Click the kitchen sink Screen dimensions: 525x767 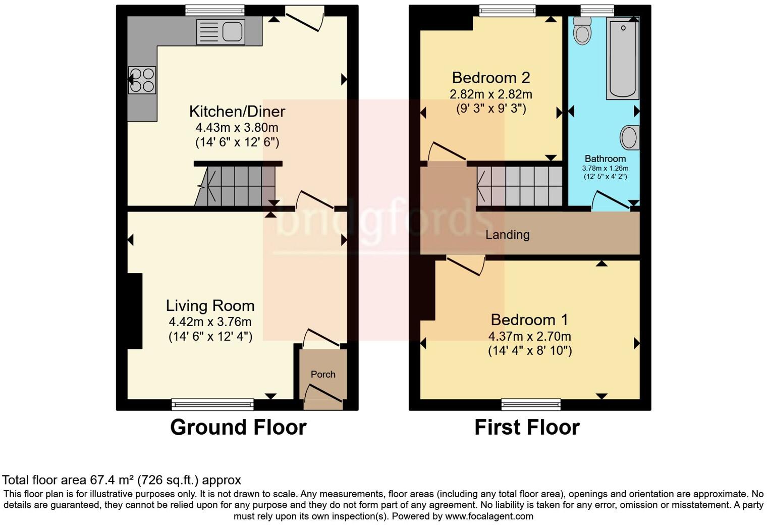tap(221, 31)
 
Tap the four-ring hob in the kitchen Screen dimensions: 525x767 tap(142, 80)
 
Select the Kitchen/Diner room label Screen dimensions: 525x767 tap(237, 111)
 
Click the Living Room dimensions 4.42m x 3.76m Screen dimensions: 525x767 tap(210, 322)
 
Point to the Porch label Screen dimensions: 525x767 tap(323, 374)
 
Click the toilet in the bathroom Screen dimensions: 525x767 tap(582, 30)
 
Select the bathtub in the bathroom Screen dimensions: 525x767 tap(623, 58)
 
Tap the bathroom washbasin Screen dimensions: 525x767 tap(629, 137)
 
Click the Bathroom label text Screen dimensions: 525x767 tap(605, 159)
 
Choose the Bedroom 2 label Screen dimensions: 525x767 tap(490, 78)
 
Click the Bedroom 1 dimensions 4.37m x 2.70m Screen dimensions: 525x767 tap(529, 336)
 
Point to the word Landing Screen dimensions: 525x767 tap(507, 235)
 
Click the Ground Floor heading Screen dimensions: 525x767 tap(238, 427)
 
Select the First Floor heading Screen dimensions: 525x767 tap(527, 427)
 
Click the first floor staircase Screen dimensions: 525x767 tap(520, 186)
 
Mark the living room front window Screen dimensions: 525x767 tap(212, 403)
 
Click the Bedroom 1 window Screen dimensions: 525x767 tap(531, 403)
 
